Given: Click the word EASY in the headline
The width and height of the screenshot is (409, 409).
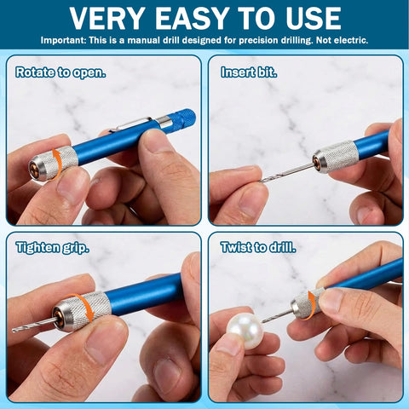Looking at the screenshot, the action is (192, 19).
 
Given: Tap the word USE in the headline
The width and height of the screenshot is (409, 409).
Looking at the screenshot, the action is (314, 19).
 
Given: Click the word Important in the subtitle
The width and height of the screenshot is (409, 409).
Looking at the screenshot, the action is (63, 40).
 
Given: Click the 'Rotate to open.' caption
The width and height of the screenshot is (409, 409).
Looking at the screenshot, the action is (60, 72).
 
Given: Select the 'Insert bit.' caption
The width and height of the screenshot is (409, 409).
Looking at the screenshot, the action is (249, 72).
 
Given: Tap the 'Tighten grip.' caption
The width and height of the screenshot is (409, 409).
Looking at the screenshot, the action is (53, 248).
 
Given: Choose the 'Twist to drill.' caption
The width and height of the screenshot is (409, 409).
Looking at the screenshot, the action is (258, 247).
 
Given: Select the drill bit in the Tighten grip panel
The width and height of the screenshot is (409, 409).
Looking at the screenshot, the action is (33, 325).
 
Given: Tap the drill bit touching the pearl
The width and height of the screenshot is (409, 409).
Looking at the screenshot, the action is (277, 316).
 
